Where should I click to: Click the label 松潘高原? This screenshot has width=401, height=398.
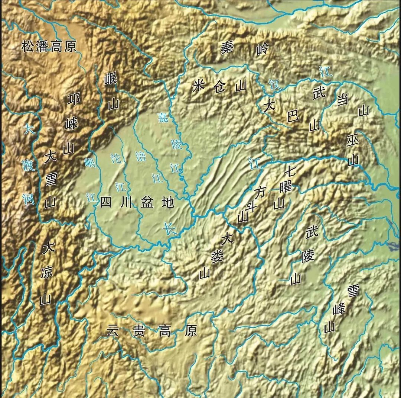point(49,47)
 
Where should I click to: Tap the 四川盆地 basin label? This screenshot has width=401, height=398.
point(137,203)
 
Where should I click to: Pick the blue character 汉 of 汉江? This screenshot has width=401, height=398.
point(275,84)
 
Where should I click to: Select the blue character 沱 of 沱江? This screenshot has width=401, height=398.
point(116,158)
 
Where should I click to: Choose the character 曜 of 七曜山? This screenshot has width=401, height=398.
point(286,186)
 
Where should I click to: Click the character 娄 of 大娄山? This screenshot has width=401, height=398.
point(215,256)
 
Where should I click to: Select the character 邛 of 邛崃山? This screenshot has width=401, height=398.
point(74,99)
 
